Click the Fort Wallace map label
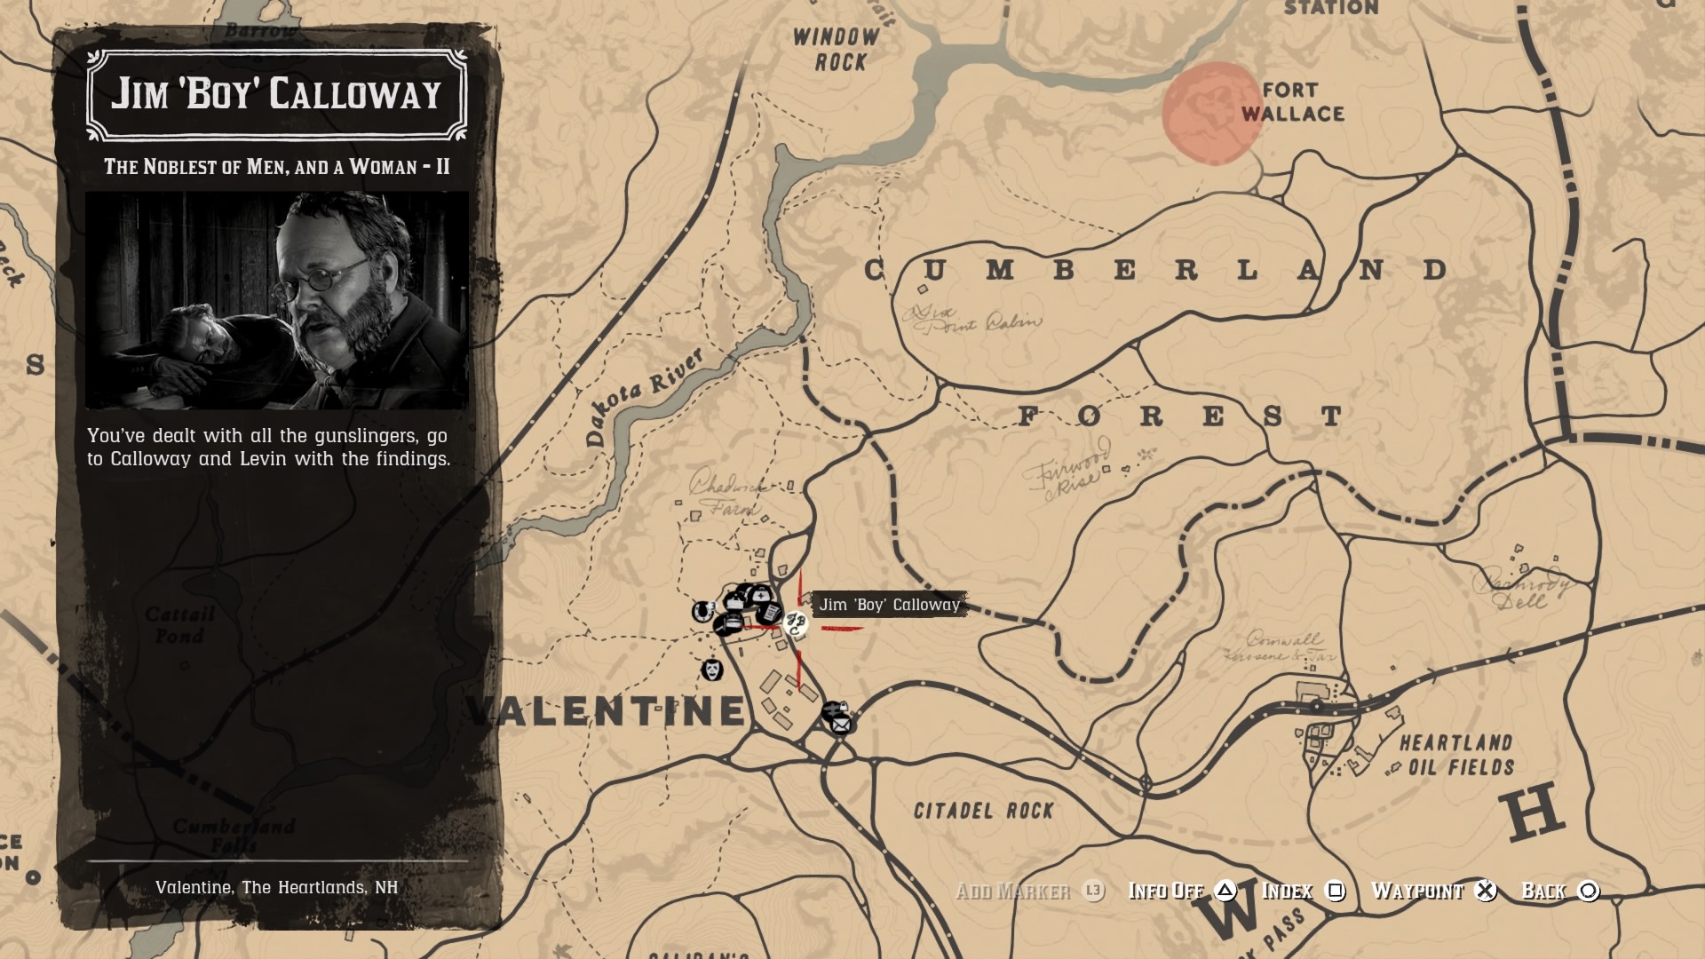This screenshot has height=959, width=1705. pos(1292,102)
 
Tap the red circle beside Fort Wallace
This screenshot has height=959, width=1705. pos(1212,114)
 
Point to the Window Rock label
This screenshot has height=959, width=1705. pos(836,50)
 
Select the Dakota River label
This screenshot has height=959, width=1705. pos(644,396)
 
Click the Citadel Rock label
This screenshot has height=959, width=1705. pos(983,810)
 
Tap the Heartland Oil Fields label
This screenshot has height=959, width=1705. pos(1456,755)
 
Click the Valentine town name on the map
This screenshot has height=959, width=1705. pos(606,710)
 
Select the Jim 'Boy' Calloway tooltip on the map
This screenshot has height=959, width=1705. pos(889,605)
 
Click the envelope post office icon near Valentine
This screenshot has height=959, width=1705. pos(840,725)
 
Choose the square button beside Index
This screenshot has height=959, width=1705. pos(1335,891)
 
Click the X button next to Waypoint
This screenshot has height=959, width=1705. pos(1486,891)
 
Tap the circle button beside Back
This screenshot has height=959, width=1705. pos(1589,891)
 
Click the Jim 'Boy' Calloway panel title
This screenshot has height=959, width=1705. pos(276,94)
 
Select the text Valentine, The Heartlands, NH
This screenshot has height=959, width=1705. pos(276,887)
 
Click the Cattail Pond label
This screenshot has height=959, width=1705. pos(180,625)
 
